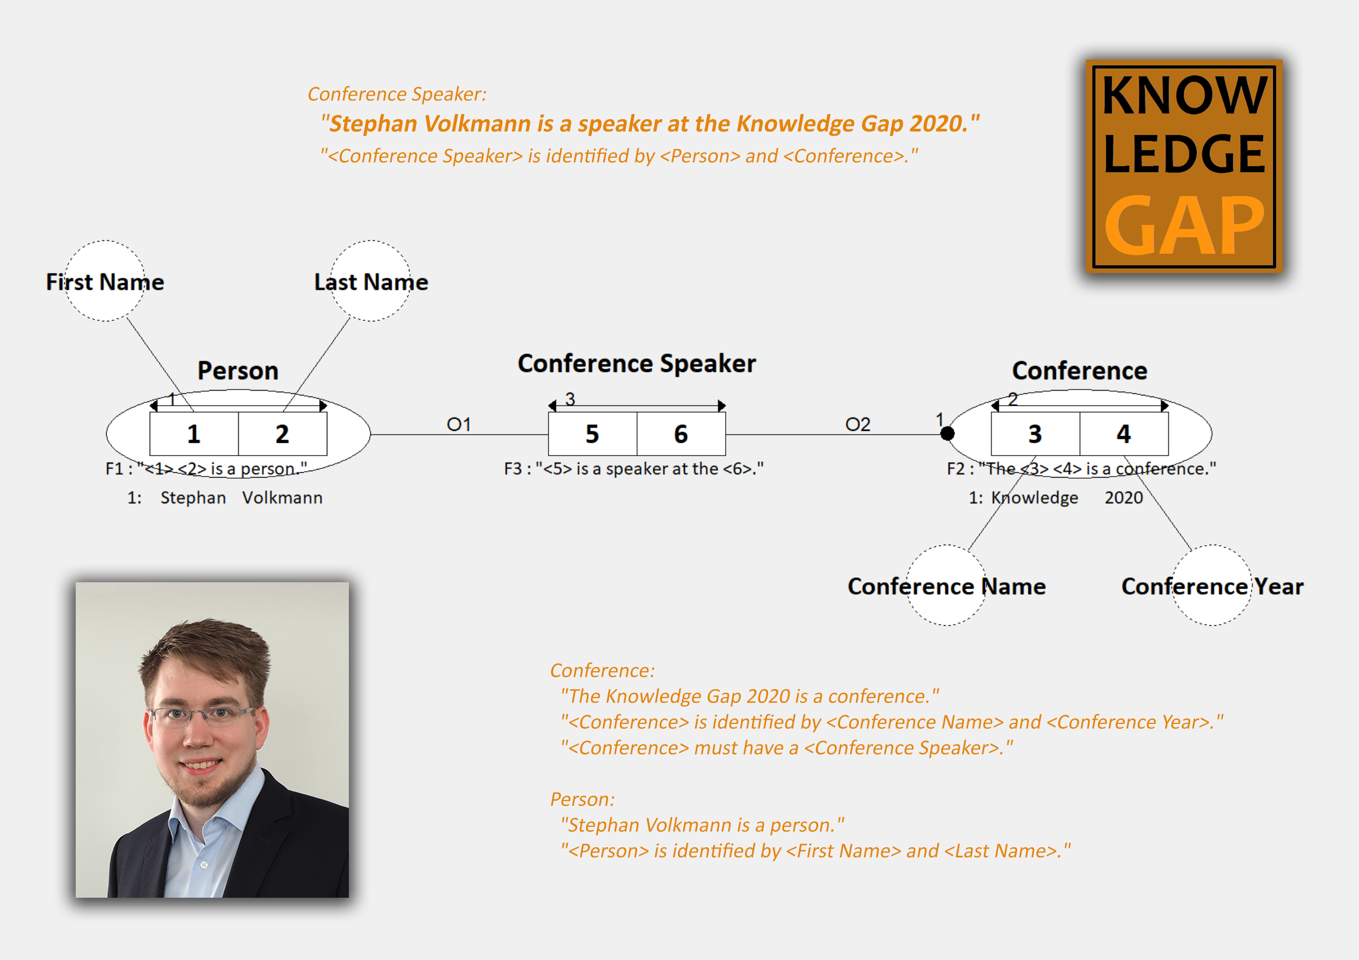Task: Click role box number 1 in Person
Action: click(194, 434)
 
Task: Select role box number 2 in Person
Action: click(282, 434)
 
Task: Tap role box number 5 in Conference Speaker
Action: click(593, 434)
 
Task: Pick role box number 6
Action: click(681, 434)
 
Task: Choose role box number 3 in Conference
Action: click(1035, 434)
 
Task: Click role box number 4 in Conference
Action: click(1124, 434)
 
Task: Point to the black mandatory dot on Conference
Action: click(947, 434)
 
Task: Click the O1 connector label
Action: click(459, 424)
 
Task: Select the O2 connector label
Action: click(858, 424)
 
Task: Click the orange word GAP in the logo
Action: click(1184, 225)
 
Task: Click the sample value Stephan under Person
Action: click(194, 498)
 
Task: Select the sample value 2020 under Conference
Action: click(1123, 498)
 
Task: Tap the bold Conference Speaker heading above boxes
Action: click(637, 363)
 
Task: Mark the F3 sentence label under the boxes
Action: click(634, 469)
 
